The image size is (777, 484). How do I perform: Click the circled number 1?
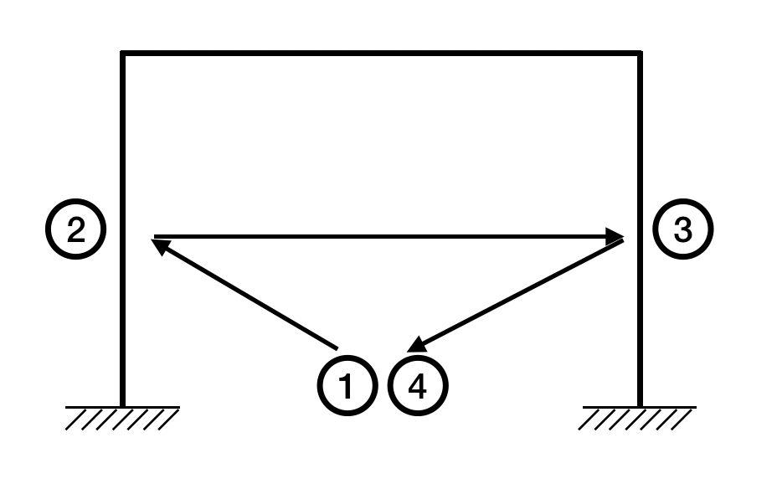pos(345,386)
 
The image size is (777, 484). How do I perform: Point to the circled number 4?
pos(419,386)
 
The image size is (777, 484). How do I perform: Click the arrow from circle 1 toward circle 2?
pos(244,294)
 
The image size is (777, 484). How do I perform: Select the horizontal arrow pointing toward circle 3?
pos(385,237)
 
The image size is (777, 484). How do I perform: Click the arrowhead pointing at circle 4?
pos(416,345)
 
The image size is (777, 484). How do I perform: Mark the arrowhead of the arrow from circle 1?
pos(159,245)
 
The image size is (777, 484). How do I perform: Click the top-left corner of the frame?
pos(123,54)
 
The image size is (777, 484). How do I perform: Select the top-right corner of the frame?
pos(641,54)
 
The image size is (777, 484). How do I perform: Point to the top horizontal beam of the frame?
pos(382,54)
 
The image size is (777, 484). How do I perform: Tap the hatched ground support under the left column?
pos(122,416)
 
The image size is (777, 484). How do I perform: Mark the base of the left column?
pos(123,404)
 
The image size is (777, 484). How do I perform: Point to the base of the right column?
pos(641,404)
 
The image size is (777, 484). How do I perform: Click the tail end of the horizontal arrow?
pos(156,237)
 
